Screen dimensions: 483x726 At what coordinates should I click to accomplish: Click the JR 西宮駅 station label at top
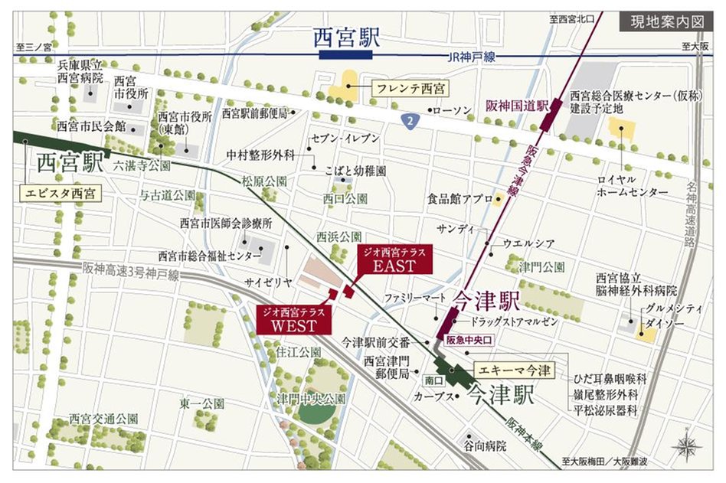click(347, 38)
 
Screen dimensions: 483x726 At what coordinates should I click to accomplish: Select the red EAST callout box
click(394, 260)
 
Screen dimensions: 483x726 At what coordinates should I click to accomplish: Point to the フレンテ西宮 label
click(410, 89)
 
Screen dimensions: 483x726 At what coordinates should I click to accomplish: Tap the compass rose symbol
click(687, 445)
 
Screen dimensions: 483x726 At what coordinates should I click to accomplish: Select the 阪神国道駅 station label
click(517, 106)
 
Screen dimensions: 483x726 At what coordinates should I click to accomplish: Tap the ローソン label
click(452, 111)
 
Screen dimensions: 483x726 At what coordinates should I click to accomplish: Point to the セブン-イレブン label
click(344, 138)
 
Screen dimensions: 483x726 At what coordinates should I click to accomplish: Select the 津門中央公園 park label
click(312, 400)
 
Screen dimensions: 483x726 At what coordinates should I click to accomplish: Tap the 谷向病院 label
click(485, 445)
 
